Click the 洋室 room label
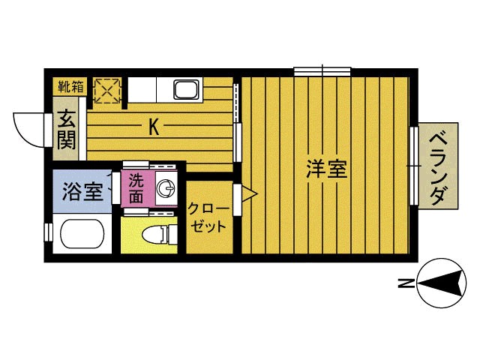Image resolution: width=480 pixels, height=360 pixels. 326,169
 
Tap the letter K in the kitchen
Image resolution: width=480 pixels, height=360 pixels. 153,127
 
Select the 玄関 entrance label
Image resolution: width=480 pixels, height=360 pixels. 64,129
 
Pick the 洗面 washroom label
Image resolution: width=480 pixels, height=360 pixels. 136,188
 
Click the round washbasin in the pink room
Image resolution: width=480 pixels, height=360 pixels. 166,187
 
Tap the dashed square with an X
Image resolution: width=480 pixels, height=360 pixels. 107,89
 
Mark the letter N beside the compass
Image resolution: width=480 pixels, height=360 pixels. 404,283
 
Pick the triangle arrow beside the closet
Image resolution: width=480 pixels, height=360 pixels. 250,196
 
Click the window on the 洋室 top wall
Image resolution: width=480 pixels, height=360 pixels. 322,71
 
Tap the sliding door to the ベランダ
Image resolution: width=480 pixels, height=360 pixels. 413,166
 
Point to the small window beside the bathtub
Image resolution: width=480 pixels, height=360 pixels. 47,232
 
